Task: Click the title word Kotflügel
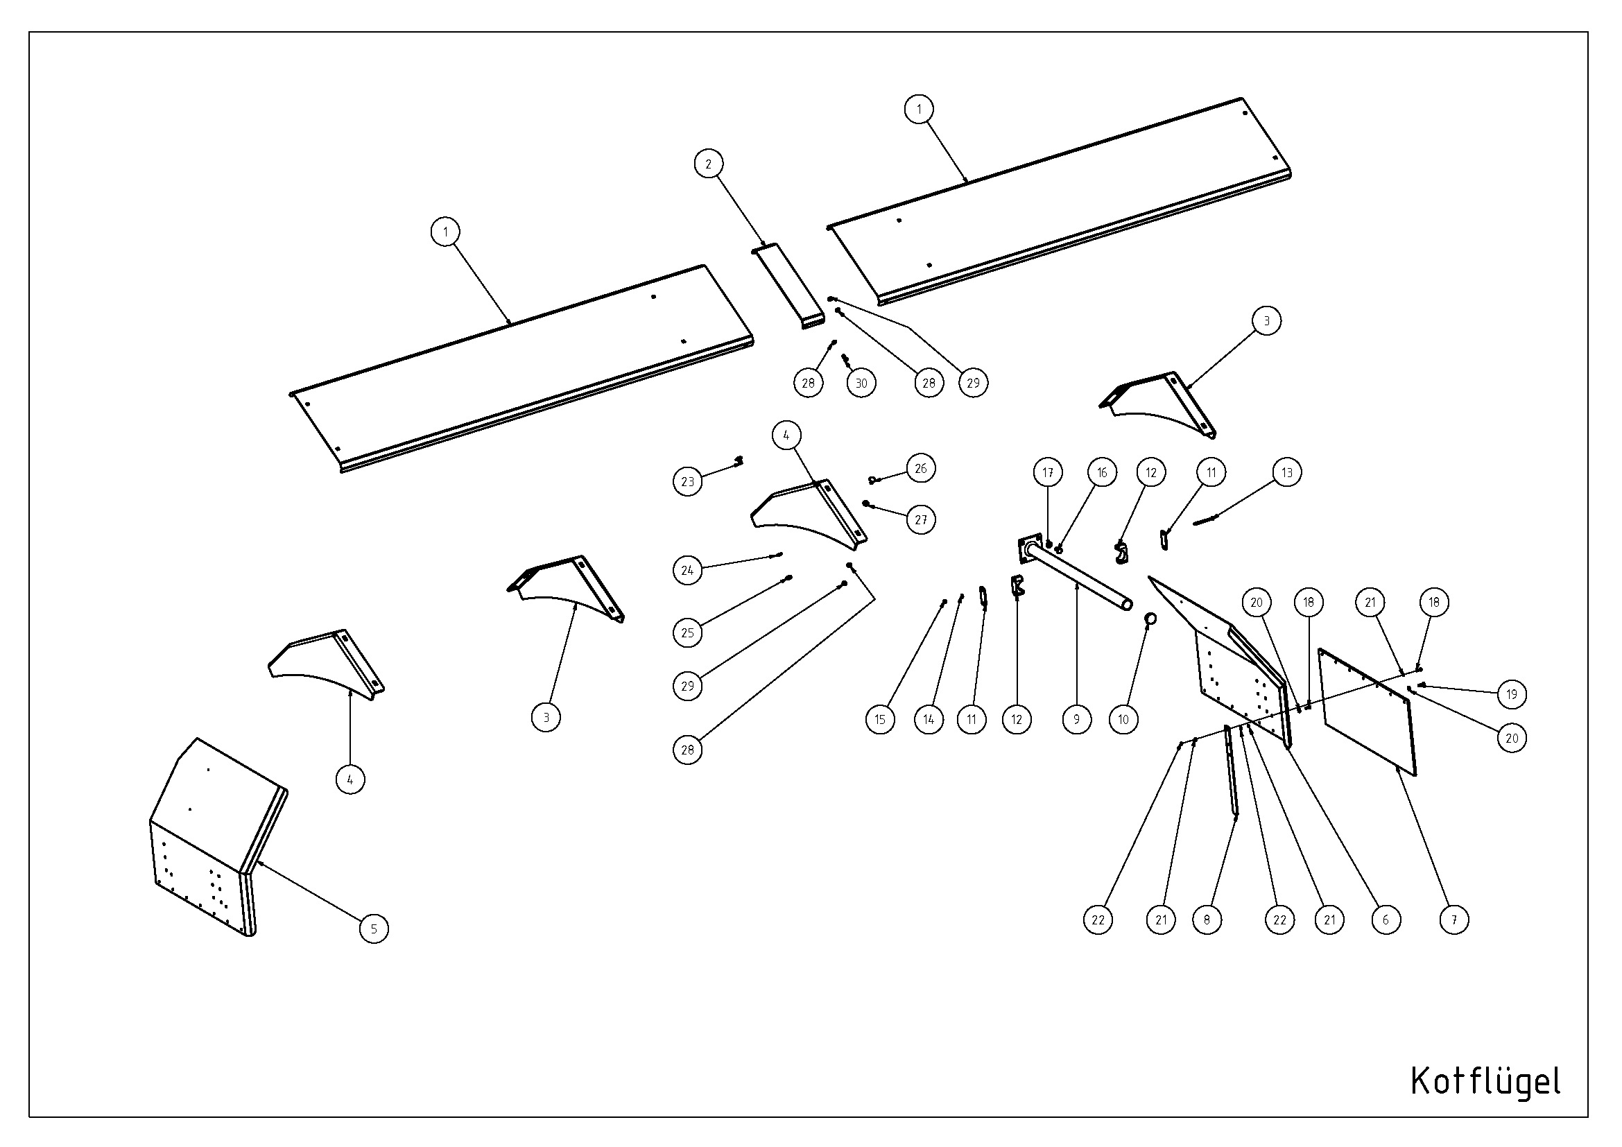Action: [1485, 1080]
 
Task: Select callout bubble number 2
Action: [709, 164]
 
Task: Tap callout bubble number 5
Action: [374, 928]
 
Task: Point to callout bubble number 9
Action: [1077, 719]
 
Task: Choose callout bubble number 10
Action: [1124, 719]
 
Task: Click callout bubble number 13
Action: [1286, 472]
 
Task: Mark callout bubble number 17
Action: [1048, 472]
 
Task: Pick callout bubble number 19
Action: [1512, 694]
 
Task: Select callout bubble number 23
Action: [687, 482]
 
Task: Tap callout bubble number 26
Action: [920, 468]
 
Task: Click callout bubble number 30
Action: [861, 383]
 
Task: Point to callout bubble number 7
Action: [1454, 920]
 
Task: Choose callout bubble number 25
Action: [687, 633]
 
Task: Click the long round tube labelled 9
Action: [1081, 581]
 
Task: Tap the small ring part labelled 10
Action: [1151, 619]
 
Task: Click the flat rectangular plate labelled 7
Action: [1368, 712]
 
